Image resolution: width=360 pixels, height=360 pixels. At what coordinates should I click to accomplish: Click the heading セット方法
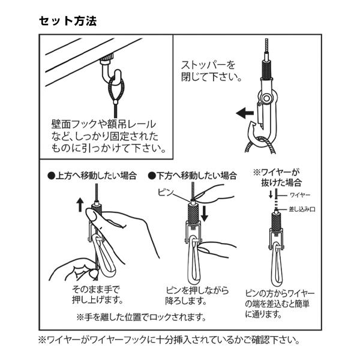coord(68,21)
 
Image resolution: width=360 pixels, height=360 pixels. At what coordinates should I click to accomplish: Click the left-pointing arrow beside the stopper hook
coord(245,113)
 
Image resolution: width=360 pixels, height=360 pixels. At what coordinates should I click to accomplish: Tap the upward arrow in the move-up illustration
coord(80,205)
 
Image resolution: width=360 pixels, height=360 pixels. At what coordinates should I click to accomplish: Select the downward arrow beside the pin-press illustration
coord(204,214)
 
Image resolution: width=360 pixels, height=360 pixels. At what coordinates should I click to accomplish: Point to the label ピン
coord(166,193)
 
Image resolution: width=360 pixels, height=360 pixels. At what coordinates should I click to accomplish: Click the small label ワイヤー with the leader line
coord(300,195)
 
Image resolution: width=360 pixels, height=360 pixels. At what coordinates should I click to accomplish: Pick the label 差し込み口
coord(302,209)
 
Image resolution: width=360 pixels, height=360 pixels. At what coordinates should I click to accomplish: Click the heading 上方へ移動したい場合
coord(92,176)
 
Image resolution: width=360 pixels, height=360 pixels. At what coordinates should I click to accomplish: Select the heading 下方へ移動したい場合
coord(193,176)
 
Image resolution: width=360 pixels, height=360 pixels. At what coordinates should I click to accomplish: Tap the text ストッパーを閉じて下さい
coord(211,71)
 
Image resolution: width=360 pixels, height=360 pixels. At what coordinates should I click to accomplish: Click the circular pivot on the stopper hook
coord(266,98)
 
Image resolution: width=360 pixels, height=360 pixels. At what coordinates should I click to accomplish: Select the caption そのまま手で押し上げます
coord(97,295)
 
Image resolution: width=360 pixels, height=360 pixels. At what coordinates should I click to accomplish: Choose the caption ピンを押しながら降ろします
coord(197,295)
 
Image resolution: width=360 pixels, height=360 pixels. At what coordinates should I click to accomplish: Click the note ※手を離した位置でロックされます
coord(141,317)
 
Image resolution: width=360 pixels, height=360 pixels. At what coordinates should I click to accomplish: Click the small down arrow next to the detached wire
coord(271,194)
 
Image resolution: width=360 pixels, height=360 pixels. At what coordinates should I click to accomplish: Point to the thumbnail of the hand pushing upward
coord(92,216)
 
